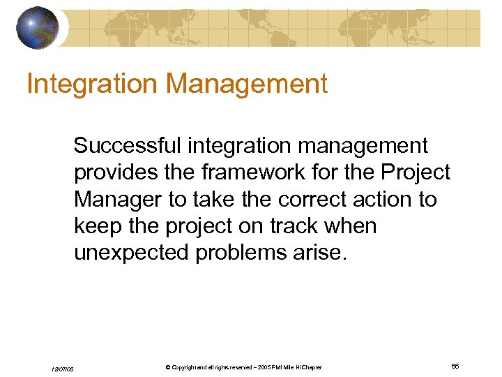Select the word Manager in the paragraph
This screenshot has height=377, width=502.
click(119, 199)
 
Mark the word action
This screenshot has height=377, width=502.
click(388, 199)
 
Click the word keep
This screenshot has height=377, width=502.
click(98, 226)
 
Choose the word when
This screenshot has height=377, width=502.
click(354, 226)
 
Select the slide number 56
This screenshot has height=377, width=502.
click(455, 367)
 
